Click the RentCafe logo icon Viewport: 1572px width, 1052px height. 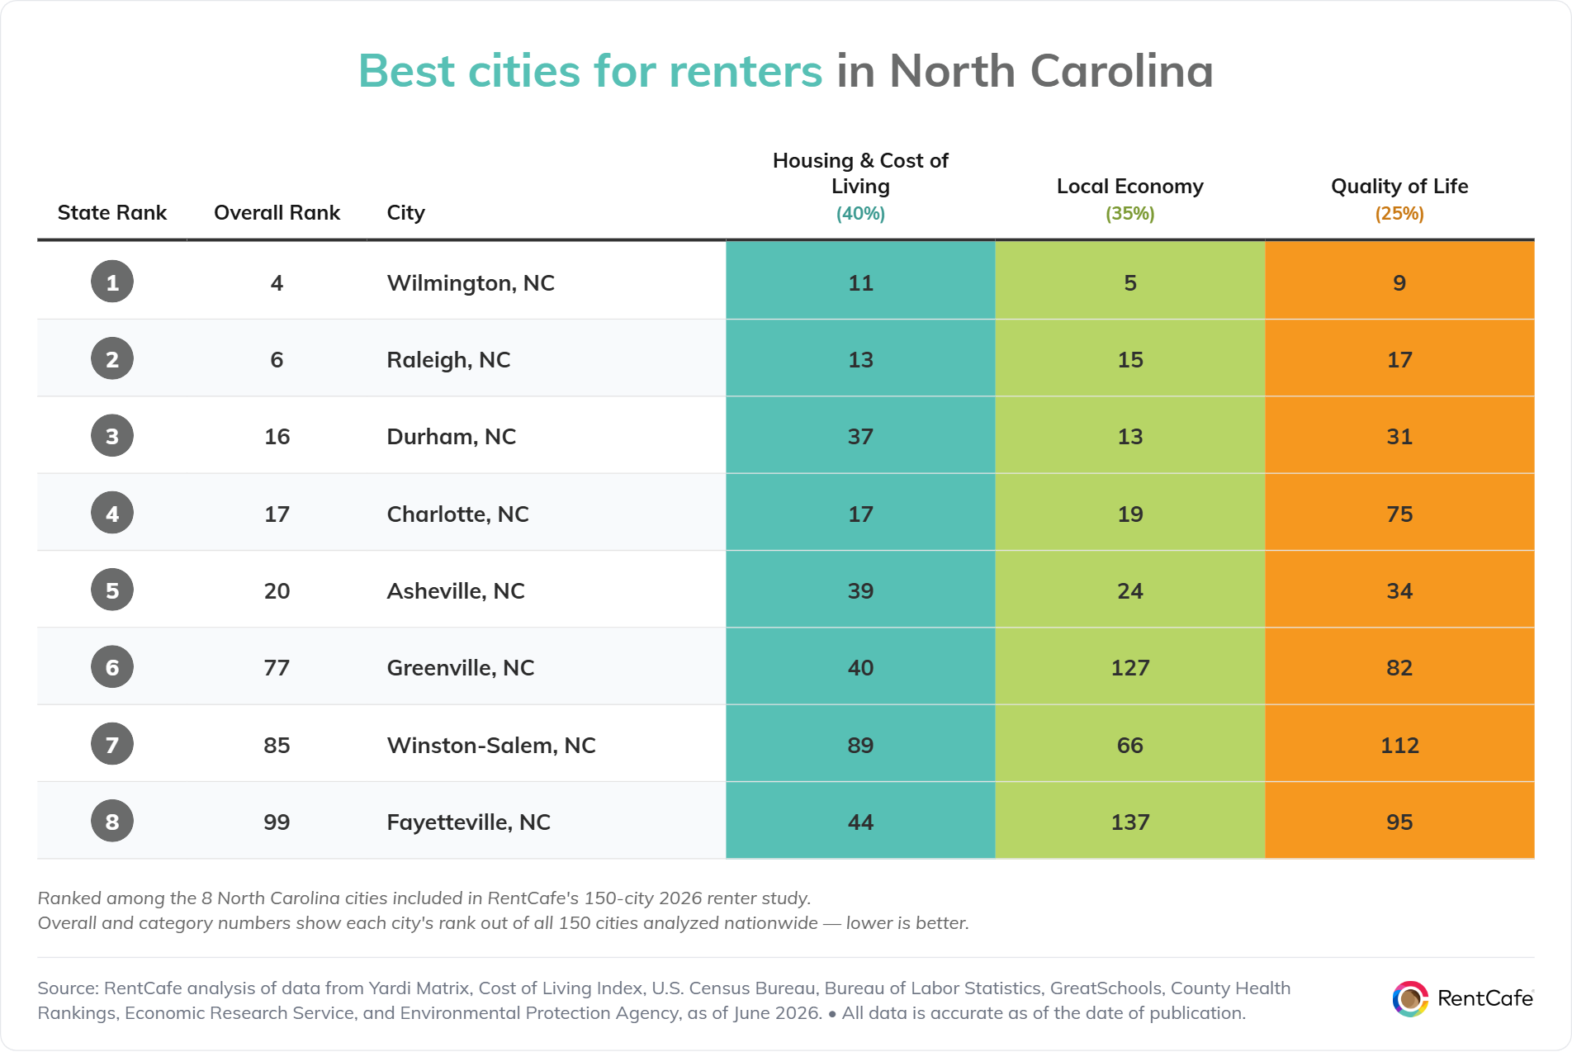(1410, 998)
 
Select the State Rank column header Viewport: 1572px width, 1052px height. (112, 213)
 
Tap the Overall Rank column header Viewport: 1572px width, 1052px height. (277, 213)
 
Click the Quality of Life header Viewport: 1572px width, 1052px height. (1399, 187)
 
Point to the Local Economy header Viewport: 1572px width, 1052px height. (1130, 187)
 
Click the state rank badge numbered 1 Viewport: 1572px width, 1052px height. (112, 282)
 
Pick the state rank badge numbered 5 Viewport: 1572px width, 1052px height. (112, 590)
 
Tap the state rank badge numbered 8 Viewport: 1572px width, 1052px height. (112, 821)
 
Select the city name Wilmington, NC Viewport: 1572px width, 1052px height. (471, 283)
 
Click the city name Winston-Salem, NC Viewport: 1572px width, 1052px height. (491, 745)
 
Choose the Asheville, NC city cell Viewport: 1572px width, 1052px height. (456, 591)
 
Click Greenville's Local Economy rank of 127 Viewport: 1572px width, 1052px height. (1130, 668)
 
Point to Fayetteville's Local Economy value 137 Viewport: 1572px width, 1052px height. (1130, 822)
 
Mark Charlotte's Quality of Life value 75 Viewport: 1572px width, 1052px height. (1399, 514)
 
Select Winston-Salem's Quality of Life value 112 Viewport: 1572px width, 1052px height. (1399, 746)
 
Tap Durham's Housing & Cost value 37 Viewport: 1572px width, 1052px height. (860, 437)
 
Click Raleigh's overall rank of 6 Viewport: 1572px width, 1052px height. (277, 360)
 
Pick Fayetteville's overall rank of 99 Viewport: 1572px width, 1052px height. (277, 822)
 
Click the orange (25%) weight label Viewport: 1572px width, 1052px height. (1399, 214)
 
